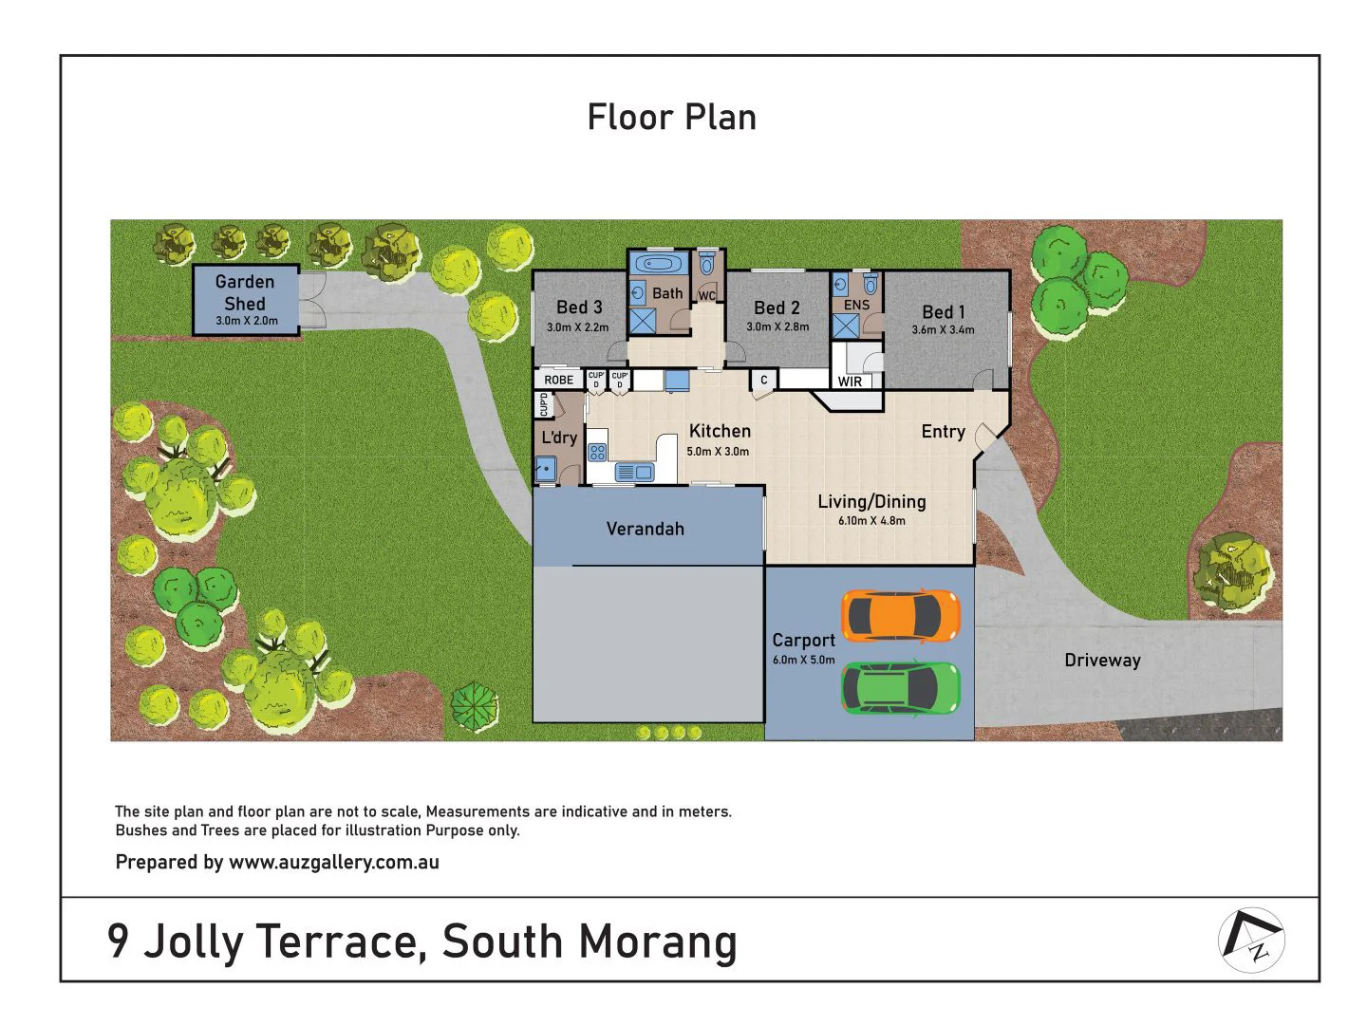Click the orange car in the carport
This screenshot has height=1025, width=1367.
[900, 615]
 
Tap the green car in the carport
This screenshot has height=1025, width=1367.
[900, 688]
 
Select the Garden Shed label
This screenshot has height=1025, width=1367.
[245, 292]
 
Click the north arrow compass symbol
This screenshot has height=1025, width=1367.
[1251, 940]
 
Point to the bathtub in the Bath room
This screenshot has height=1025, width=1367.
[656, 264]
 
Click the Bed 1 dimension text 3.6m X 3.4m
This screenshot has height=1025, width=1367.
[943, 330]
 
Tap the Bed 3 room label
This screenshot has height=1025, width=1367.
[579, 307]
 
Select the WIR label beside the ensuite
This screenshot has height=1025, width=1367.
[850, 382]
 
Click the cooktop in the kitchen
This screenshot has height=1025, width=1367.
[597, 452]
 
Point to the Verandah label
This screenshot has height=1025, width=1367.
[645, 529]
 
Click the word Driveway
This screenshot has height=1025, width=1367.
[1102, 660]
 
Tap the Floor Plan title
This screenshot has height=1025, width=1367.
[672, 118]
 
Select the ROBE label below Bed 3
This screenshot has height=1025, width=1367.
[558, 380]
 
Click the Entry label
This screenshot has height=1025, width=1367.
[943, 432]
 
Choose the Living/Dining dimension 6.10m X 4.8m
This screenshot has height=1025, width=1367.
[871, 521]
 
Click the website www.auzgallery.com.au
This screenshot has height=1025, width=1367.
[333, 862]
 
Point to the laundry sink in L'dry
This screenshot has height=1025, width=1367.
[545, 468]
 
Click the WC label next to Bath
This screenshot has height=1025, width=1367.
[706, 296]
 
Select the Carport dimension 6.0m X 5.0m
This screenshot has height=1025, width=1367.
[803, 660]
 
